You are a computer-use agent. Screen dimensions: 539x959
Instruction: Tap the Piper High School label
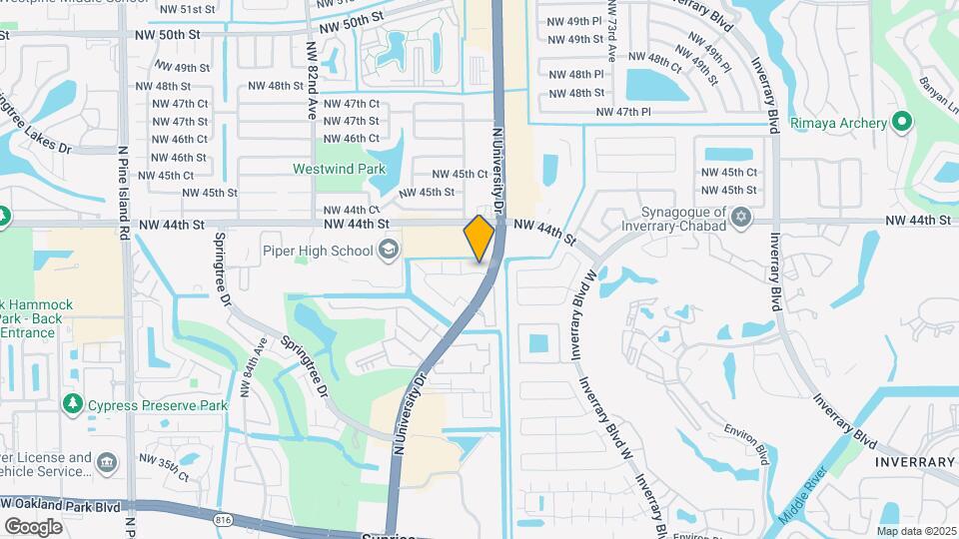click(318, 250)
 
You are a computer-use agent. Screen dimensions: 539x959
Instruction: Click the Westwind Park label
click(340, 170)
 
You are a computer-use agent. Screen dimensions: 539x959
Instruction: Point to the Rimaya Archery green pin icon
click(902, 123)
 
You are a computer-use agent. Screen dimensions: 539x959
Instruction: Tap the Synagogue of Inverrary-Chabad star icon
click(740, 217)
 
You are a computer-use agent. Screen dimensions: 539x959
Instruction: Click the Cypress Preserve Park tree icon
click(72, 404)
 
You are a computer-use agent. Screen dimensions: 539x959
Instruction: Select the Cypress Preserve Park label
click(158, 405)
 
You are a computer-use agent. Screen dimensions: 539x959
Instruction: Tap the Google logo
click(34, 526)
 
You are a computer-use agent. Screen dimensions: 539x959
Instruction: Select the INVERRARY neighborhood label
click(915, 462)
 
